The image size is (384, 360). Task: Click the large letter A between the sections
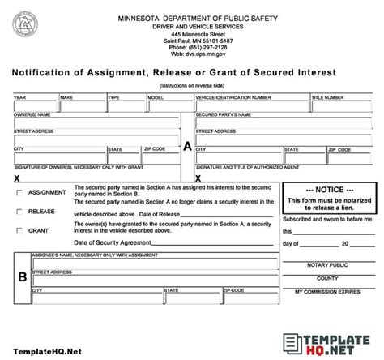[188, 147]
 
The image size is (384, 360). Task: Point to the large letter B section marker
[22, 276]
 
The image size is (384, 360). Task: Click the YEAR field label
[19, 97]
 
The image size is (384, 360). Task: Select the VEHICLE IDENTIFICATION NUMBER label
[233, 97]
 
